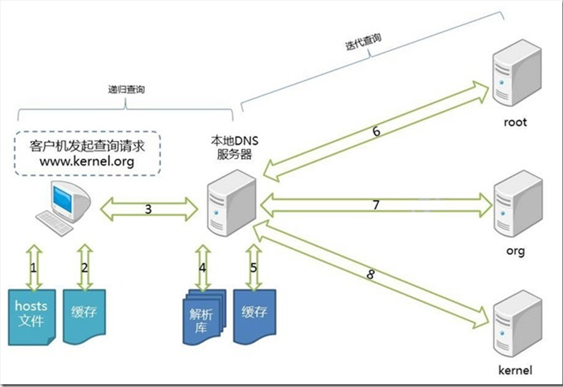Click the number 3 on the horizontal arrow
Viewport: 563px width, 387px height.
148,209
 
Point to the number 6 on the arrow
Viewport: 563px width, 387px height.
376,132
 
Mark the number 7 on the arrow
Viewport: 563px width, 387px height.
376,205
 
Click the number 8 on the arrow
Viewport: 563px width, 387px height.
371,275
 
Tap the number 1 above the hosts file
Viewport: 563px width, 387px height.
34,267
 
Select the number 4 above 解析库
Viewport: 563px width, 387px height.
203,267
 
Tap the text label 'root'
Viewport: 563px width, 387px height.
515,122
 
